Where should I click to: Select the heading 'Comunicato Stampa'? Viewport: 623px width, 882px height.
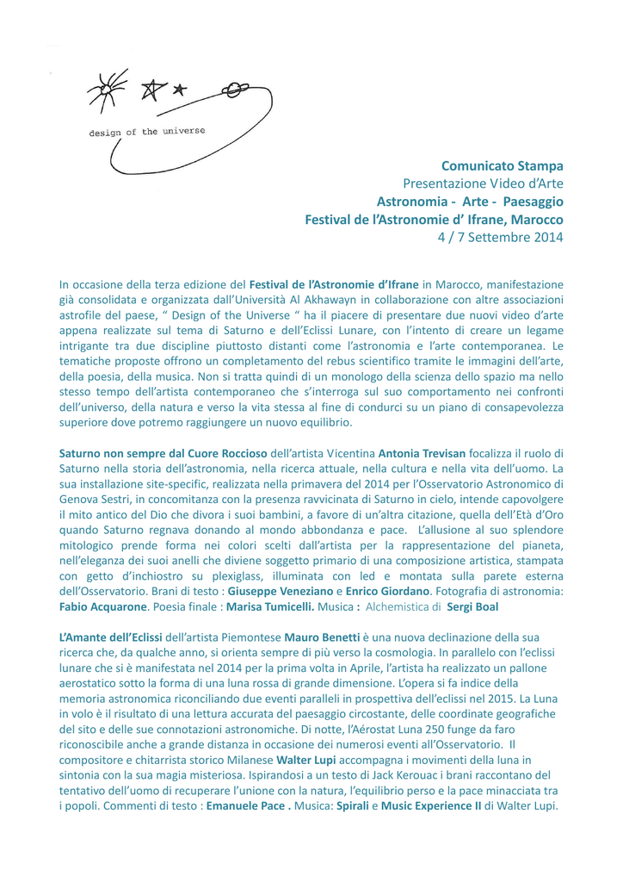[503, 165]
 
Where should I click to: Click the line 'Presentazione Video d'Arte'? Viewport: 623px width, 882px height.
[484, 183]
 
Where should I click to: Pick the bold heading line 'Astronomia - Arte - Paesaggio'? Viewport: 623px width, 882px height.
[470, 202]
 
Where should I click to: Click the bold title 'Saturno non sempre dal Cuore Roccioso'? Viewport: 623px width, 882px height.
[163, 453]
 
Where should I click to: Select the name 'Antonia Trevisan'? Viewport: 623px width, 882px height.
[423, 453]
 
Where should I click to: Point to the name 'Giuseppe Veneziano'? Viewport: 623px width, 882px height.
[280, 592]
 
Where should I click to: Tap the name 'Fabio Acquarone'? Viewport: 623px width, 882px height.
[103, 606]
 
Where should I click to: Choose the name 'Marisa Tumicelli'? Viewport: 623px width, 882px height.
[269, 606]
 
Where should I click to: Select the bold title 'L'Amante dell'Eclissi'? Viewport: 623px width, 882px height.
[109, 638]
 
